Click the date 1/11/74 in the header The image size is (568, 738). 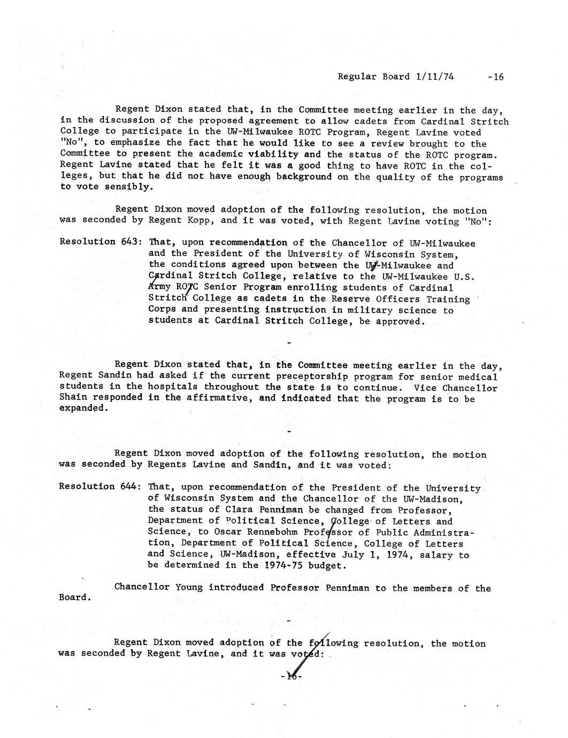(434, 76)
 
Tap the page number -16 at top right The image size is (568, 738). (496, 76)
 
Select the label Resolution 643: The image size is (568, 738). (100, 242)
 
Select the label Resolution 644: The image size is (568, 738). (100, 487)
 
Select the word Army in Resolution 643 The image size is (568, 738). (159, 287)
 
